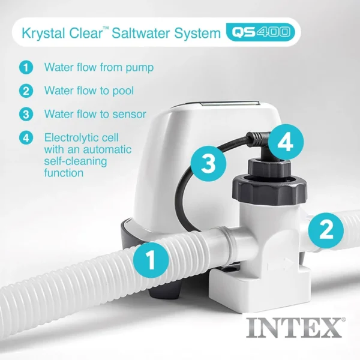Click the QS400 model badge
coord(260,32)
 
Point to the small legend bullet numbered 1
coord(26,67)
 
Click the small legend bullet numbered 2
coord(26,91)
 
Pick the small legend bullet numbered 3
coord(26,114)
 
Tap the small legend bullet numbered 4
coord(26,138)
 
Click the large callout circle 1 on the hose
coord(151,260)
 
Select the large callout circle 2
coord(326,230)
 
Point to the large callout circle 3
coord(208,164)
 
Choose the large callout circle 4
coord(286,142)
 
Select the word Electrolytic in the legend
coord(82,138)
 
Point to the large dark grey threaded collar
coord(269,190)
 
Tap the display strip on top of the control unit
coord(230,104)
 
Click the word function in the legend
coord(64,173)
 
